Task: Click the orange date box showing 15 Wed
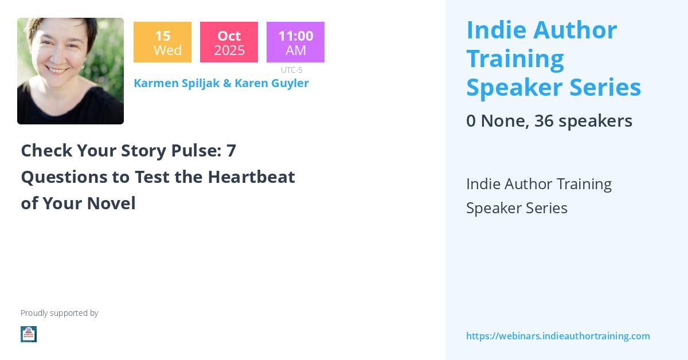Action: [x=162, y=42]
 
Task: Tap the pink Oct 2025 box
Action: [x=229, y=42]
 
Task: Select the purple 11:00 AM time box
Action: [x=295, y=42]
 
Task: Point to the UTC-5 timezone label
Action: [x=291, y=70]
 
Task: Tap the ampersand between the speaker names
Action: [x=227, y=83]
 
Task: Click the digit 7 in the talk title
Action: [x=231, y=151]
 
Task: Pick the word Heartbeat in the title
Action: [x=251, y=177]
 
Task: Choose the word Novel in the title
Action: [x=111, y=203]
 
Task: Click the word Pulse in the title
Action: [x=196, y=151]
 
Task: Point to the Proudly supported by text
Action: [x=59, y=313]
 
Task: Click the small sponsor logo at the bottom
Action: [x=29, y=334]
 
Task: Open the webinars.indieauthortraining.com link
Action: [x=558, y=336]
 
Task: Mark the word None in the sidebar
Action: [x=505, y=121]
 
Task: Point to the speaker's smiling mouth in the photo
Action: [x=57, y=71]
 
